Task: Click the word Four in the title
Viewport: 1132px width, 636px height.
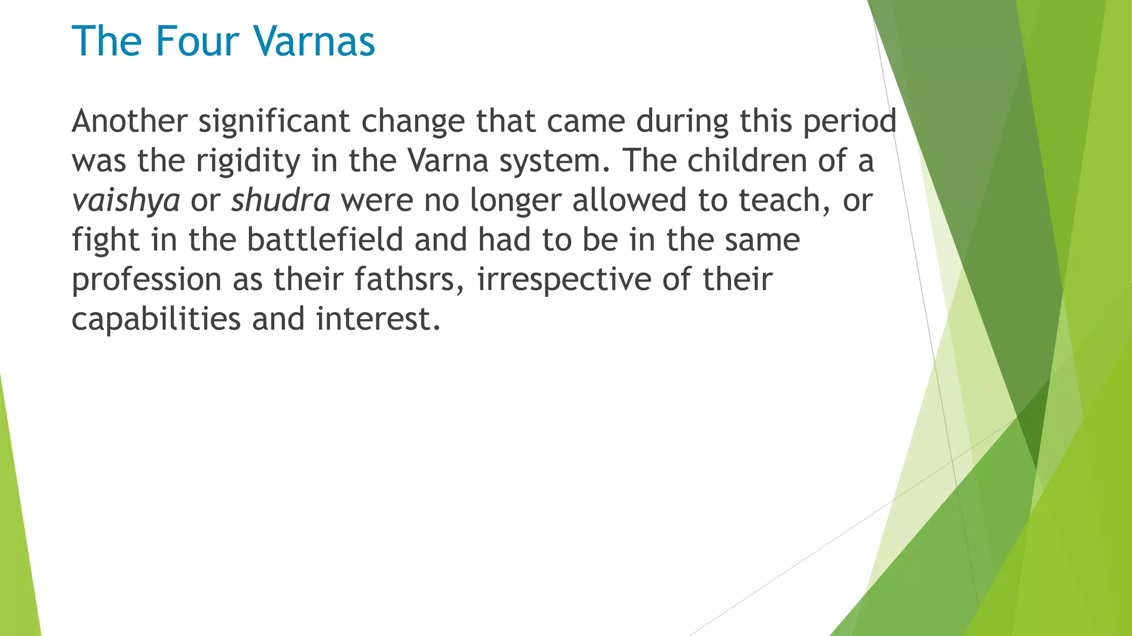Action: [197, 41]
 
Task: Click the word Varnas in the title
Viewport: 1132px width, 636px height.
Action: [314, 41]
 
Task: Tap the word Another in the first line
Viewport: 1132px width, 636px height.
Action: [129, 121]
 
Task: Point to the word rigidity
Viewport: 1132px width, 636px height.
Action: [248, 162]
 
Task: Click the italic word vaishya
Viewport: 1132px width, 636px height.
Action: [125, 201]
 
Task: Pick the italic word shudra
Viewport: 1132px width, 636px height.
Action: [281, 200]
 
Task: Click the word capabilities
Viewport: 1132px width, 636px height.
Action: [156, 320]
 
